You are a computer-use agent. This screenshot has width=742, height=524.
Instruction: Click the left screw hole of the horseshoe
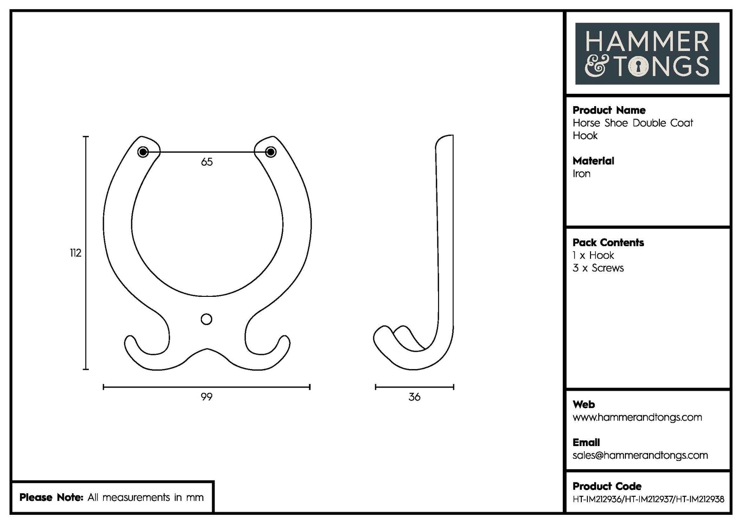(x=143, y=152)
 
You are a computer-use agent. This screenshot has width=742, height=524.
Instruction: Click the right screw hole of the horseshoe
(x=271, y=152)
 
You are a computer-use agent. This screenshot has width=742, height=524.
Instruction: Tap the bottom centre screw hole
(x=206, y=319)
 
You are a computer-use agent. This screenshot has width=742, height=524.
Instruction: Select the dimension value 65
(x=207, y=162)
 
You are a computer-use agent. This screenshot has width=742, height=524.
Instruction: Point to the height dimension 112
(x=75, y=253)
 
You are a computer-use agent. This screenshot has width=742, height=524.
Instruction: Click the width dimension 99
(x=206, y=397)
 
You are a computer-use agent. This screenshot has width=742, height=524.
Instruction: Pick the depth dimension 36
(x=414, y=397)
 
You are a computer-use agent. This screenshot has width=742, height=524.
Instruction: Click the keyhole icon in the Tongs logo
(x=638, y=67)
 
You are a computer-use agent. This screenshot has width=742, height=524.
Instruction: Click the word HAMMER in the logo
(x=647, y=42)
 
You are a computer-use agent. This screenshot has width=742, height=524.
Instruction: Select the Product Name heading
(x=609, y=110)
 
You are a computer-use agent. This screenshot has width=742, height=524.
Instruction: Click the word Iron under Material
(x=581, y=174)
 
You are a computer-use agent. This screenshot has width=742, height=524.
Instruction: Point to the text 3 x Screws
(x=598, y=268)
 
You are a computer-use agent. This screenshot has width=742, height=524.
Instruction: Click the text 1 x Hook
(x=593, y=255)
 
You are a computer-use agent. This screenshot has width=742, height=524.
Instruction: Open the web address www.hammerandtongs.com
(x=637, y=417)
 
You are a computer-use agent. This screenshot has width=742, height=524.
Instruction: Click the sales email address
(x=640, y=455)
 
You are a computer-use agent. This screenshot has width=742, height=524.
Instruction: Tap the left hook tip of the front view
(x=130, y=340)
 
